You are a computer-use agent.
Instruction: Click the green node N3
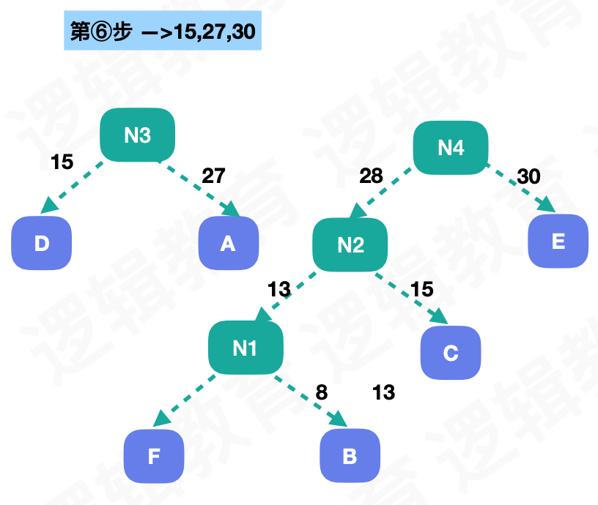pyautogui.click(x=138, y=135)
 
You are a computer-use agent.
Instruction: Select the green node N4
pyautogui.click(x=451, y=147)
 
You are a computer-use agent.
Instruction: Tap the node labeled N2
pyautogui.click(x=350, y=245)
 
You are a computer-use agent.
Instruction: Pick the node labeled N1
pyautogui.click(x=245, y=348)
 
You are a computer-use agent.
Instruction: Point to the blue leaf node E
pyautogui.click(x=558, y=242)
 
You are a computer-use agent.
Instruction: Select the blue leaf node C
pyautogui.click(x=451, y=353)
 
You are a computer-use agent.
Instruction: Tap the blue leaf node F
pyautogui.click(x=153, y=457)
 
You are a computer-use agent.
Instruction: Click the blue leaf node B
pyautogui.click(x=350, y=457)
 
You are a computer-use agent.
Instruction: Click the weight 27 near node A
pyautogui.click(x=213, y=176)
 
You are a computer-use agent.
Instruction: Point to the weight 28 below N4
pyautogui.click(x=372, y=176)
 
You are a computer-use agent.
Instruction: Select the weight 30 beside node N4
pyautogui.click(x=529, y=176)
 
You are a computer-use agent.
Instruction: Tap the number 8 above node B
pyautogui.click(x=321, y=392)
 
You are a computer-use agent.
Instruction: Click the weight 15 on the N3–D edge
pyautogui.click(x=62, y=162)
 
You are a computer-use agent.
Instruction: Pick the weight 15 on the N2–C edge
pyautogui.click(x=421, y=289)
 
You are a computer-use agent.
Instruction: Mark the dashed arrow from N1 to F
pyautogui.click(x=185, y=399)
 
